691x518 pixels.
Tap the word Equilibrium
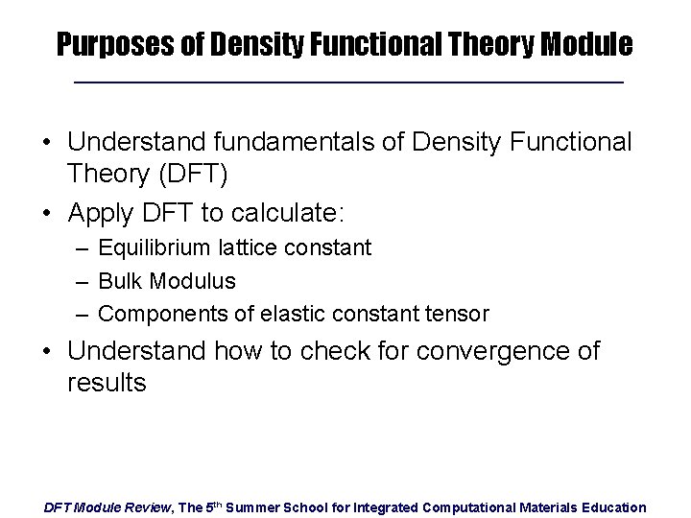(153, 248)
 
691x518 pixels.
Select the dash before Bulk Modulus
(83, 281)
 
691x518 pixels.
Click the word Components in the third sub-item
(155, 314)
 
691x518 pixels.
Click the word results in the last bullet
(107, 383)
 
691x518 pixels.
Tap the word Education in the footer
(608, 506)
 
